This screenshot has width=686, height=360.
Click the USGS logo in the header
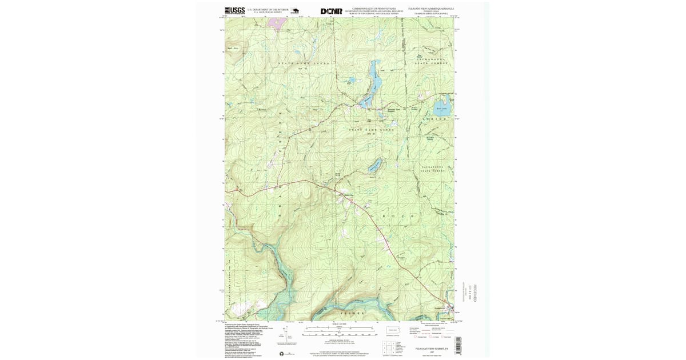[x=234, y=10]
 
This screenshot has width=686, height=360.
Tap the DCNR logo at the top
[x=332, y=11]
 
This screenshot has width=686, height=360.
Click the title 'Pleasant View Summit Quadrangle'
[x=430, y=9]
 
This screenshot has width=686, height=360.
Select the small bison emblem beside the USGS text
[x=295, y=10]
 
